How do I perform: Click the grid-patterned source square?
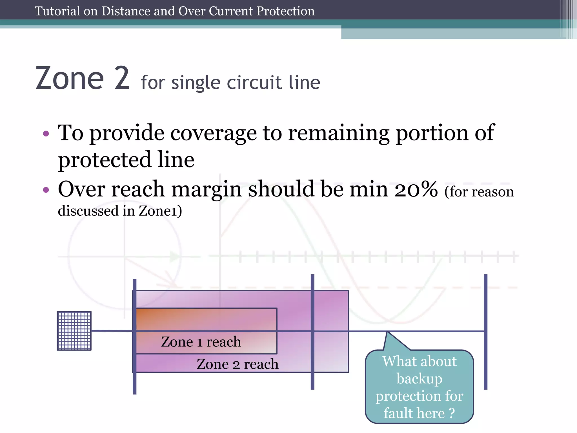pos(74,331)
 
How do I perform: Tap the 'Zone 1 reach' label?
pos(201,342)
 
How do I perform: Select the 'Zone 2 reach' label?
pos(238,364)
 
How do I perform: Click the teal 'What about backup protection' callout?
pos(419,386)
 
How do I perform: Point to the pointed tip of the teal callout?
pos(388,333)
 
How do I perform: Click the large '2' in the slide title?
pos(122,78)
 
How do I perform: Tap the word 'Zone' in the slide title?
pos(70,78)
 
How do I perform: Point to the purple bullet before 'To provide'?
pos(46,133)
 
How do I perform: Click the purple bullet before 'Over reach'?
pos(46,190)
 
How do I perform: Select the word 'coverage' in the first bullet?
pos(214,133)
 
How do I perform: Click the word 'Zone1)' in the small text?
pos(160,211)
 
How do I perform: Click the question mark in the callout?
pos(452,413)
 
